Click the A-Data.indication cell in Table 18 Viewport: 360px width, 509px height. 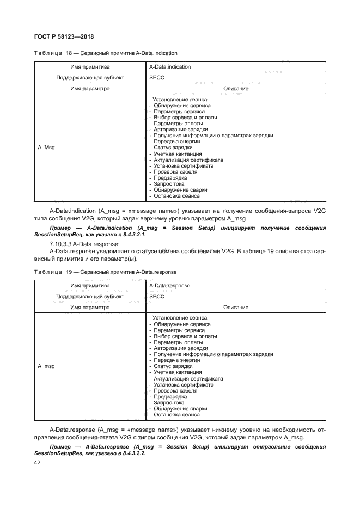click(169, 66)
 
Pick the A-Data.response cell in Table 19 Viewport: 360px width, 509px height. click(169, 285)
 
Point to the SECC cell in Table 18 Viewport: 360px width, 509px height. click(156, 78)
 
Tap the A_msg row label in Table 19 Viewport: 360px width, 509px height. click(46, 366)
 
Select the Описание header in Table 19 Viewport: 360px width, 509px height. click(236, 308)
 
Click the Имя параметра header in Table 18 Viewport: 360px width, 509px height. click(90, 89)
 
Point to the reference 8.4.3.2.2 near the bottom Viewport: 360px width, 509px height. click(131, 453)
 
